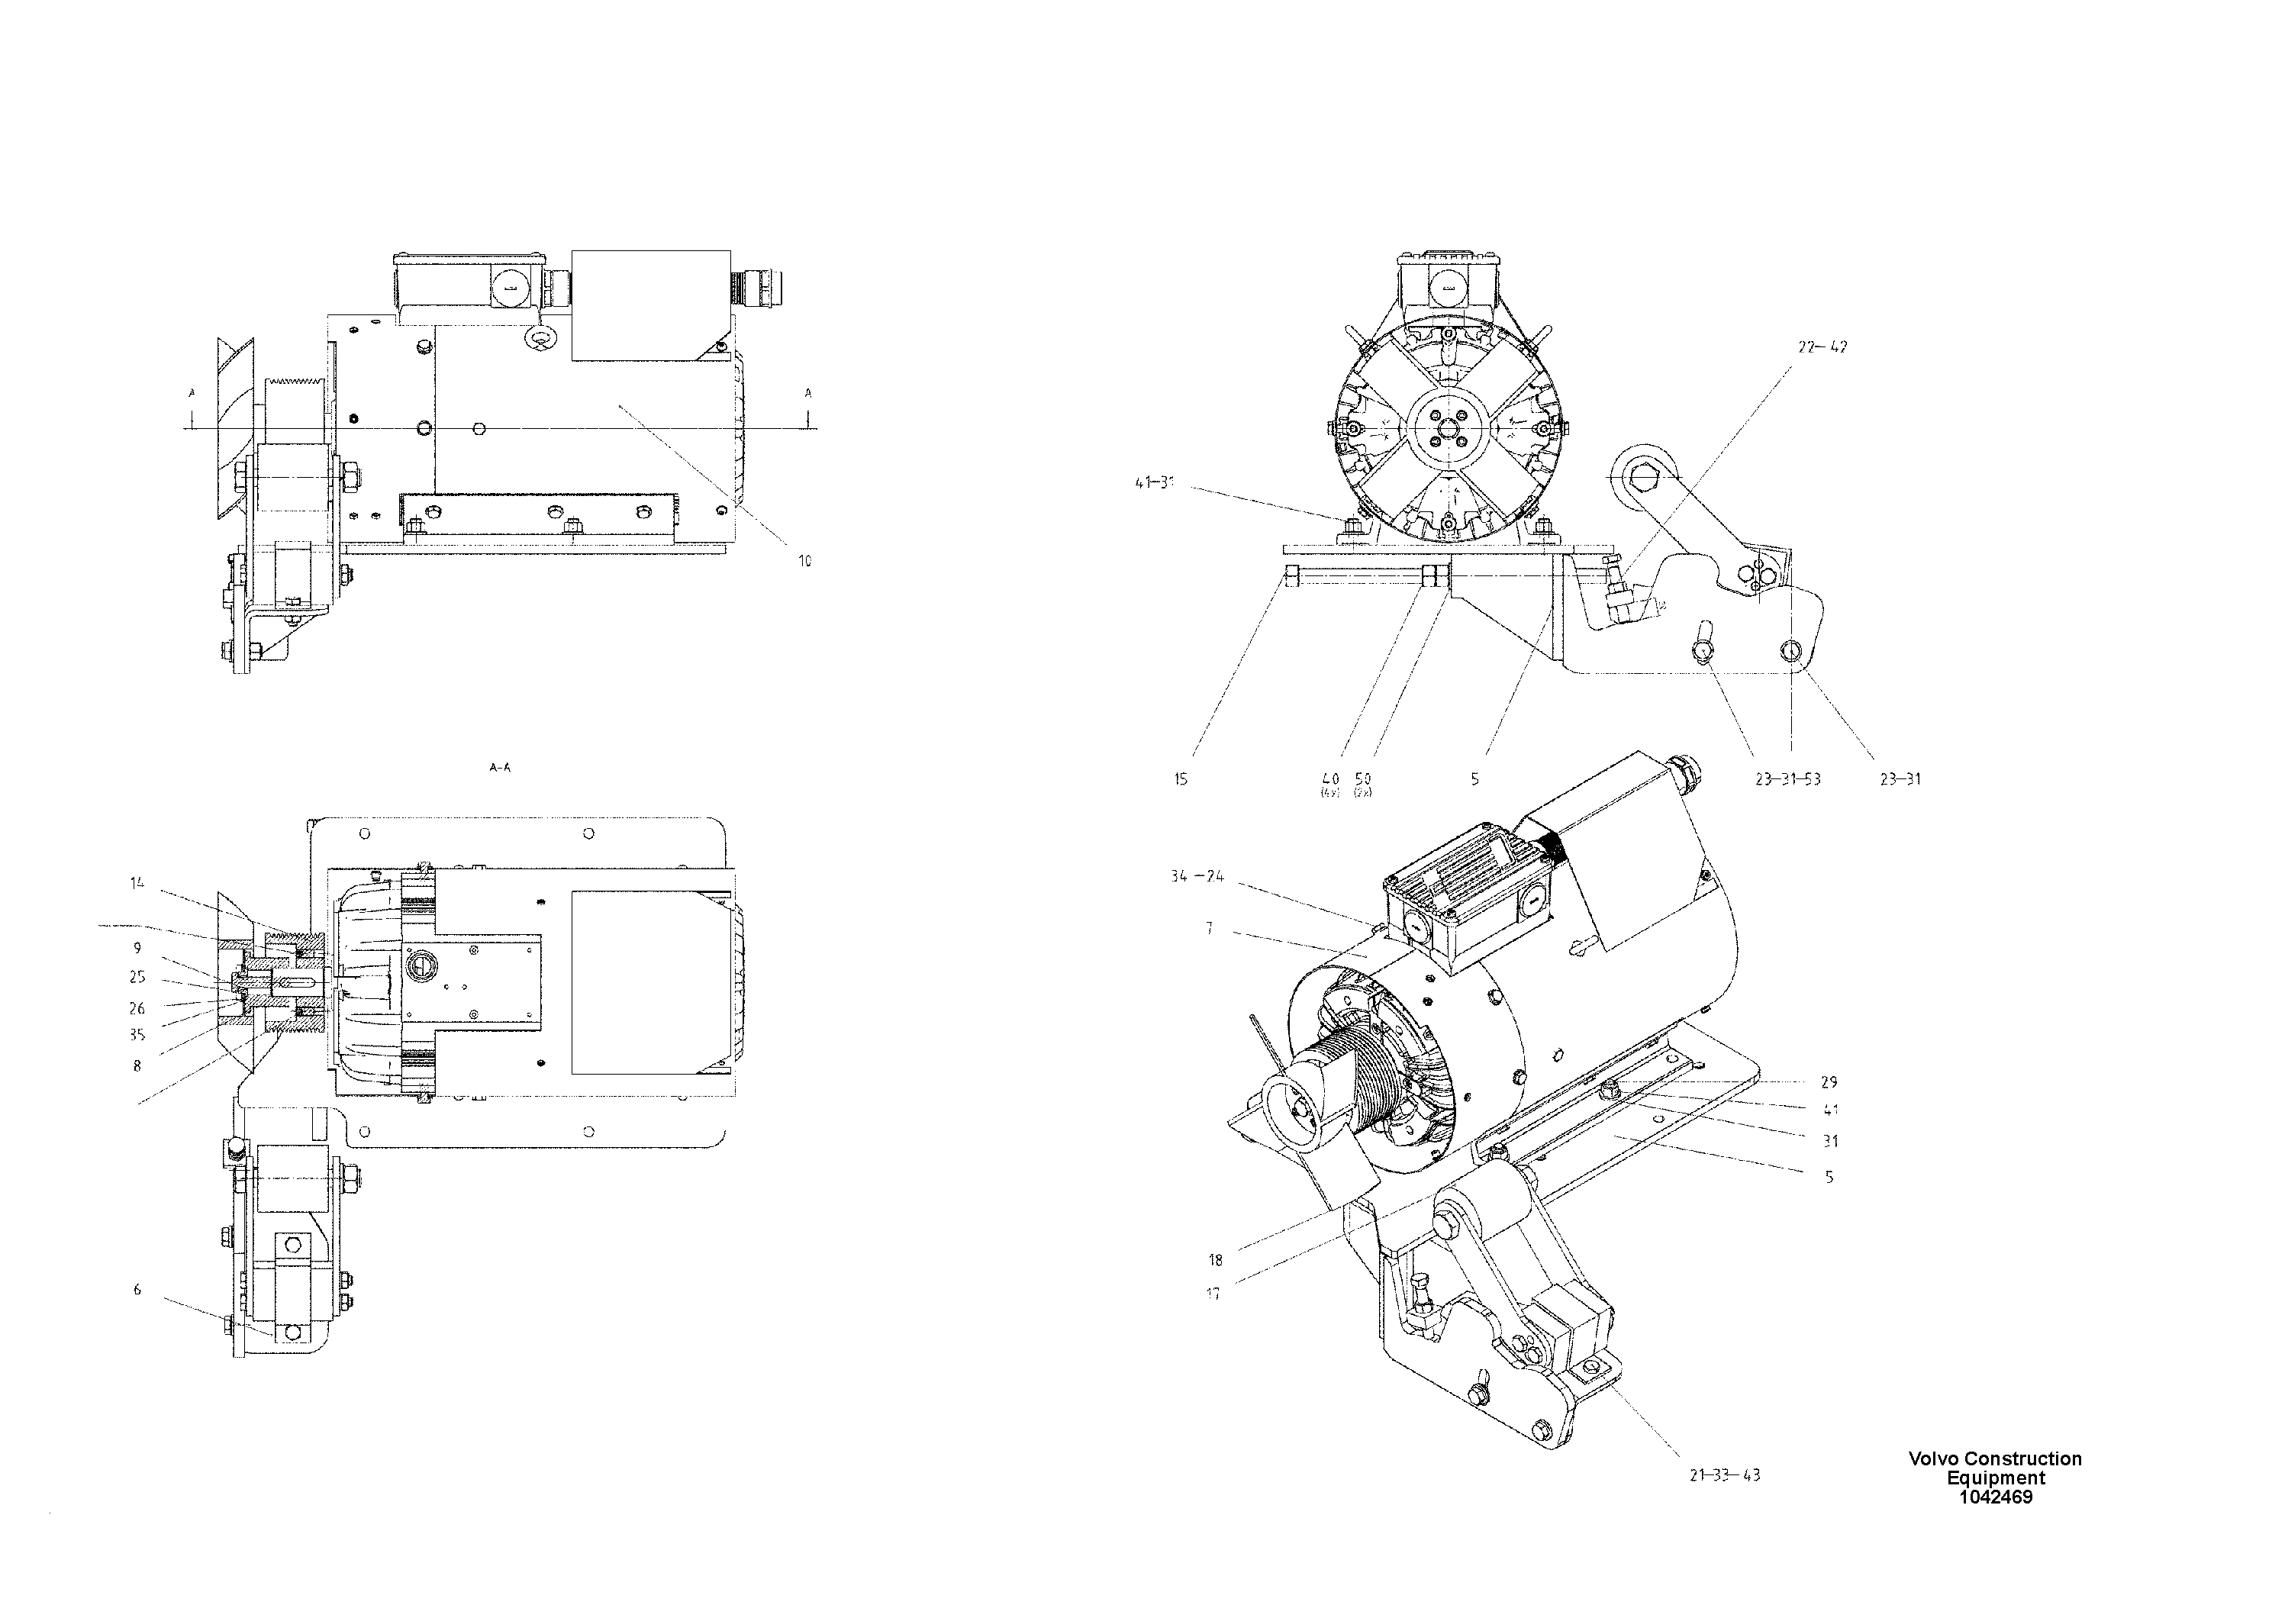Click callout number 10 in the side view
804,561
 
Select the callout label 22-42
1822,347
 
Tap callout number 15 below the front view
1181,780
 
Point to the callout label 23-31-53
1788,780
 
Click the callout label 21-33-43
1725,1475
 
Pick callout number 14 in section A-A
137,883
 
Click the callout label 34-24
1197,877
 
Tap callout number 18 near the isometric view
1215,1260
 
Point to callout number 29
1829,1082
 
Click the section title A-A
501,768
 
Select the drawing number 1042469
1995,1497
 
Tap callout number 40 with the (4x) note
1330,780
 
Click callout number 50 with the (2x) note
1362,780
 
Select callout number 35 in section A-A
137,1035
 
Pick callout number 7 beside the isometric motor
1209,929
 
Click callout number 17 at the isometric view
1213,1294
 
